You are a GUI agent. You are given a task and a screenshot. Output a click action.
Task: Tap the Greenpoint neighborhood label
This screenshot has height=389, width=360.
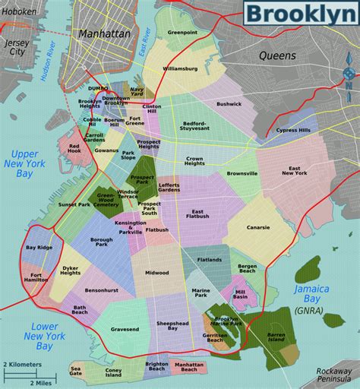coord(182,33)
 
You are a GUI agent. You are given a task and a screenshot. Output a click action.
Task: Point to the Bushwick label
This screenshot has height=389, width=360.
coord(229,103)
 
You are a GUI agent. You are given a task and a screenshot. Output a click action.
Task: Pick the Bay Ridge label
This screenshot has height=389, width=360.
coord(39,247)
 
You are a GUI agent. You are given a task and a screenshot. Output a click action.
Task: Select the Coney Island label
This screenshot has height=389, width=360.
coord(113,372)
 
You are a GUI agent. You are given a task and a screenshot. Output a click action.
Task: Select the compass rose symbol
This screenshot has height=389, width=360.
coord(349,75)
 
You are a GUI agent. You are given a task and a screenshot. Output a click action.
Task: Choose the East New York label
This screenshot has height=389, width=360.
coord(294,171)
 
